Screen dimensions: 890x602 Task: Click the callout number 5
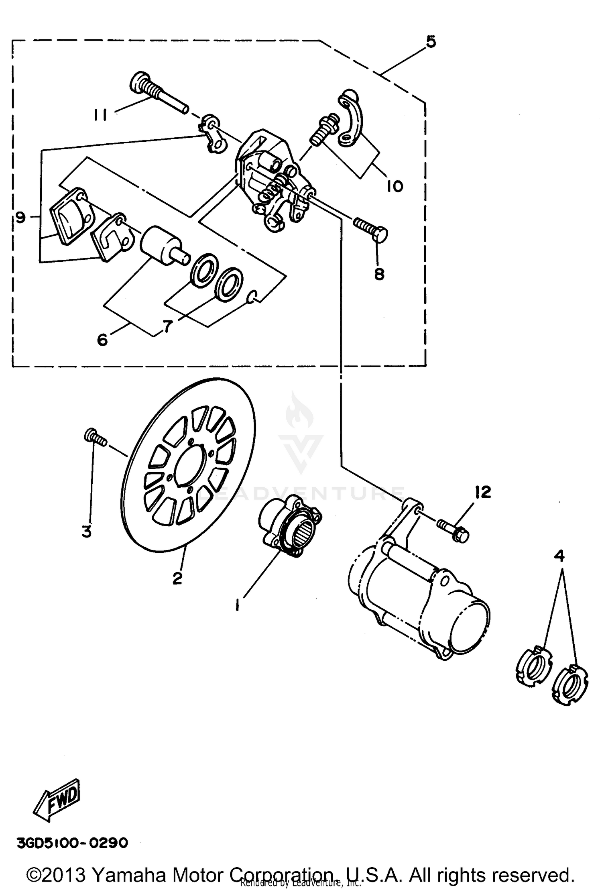click(x=431, y=42)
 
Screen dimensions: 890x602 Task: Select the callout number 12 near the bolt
click(x=484, y=492)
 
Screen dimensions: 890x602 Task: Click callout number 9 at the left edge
click(x=21, y=218)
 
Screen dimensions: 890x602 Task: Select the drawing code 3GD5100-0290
click(x=72, y=843)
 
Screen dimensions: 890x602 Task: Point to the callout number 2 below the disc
click(x=177, y=578)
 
